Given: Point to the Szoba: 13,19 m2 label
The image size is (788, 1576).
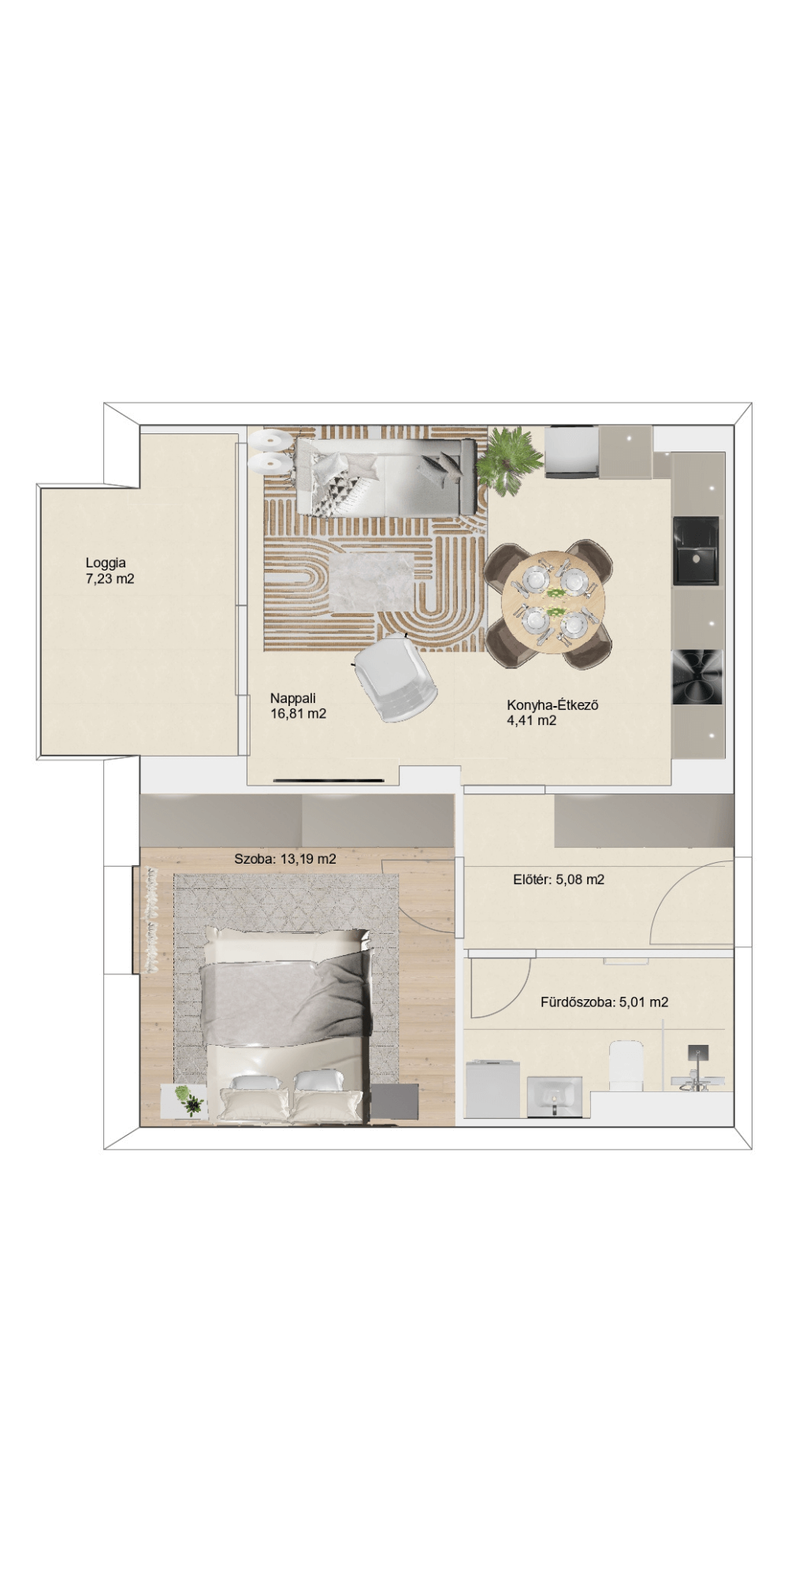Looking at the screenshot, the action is point(285,859).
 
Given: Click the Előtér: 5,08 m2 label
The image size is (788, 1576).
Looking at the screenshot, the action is point(559,879).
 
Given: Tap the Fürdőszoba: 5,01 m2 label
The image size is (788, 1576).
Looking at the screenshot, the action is point(604,1002).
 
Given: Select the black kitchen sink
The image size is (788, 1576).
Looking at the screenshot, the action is point(696,550).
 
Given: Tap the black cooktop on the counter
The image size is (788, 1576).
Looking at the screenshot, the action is point(697,677).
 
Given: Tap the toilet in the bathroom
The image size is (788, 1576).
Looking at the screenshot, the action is point(627,1066).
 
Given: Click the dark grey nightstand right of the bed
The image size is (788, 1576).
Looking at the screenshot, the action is point(395,1102).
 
